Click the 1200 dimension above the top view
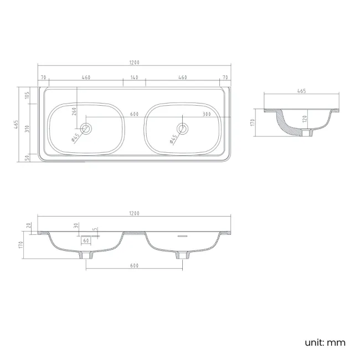click(x=135, y=63)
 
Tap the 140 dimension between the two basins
click(x=135, y=78)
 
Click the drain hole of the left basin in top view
click(x=86, y=128)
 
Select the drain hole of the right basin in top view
click(x=183, y=128)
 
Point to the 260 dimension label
click(x=74, y=111)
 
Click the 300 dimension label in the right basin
click(x=207, y=114)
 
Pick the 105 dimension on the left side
click(x=27, y=95)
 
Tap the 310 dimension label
click(x=27, y=129)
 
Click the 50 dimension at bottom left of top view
click(x=27, y=158)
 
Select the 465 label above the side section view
click(x=301, y=91)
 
